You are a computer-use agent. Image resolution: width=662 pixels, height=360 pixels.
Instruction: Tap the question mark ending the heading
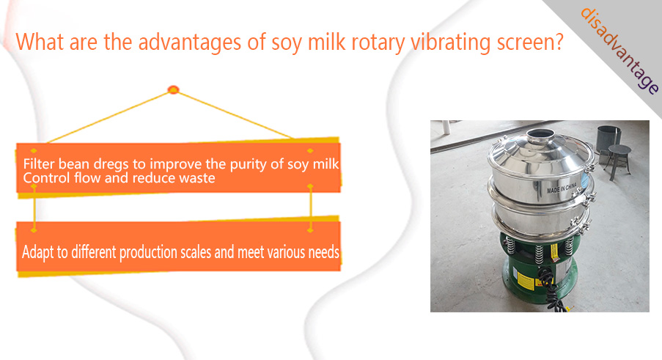(x=558, y=41)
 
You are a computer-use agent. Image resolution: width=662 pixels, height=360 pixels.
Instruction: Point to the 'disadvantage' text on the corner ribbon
(x=619, y=51)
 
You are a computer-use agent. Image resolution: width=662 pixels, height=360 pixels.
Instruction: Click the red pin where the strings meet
(x=174, y=89)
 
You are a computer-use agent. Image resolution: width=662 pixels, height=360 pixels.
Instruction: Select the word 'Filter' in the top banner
(x=39, y=164)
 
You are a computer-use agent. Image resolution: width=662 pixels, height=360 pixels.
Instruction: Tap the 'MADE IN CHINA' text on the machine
(x=562, y=188)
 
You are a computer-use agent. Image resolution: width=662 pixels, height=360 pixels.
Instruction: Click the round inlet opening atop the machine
(x=540, y=133)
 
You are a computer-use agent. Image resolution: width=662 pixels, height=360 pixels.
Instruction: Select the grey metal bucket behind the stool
(x=608, y=139)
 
